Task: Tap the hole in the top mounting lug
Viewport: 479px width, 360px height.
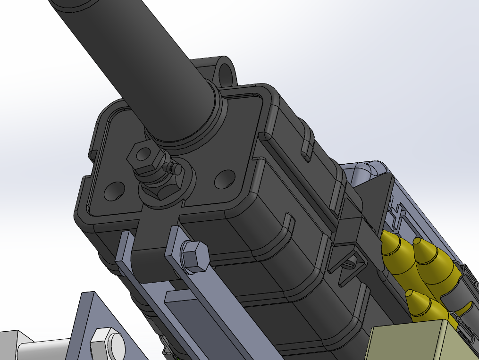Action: [x=227, y=72]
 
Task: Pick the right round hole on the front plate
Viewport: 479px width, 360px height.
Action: [x=225, y=179]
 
